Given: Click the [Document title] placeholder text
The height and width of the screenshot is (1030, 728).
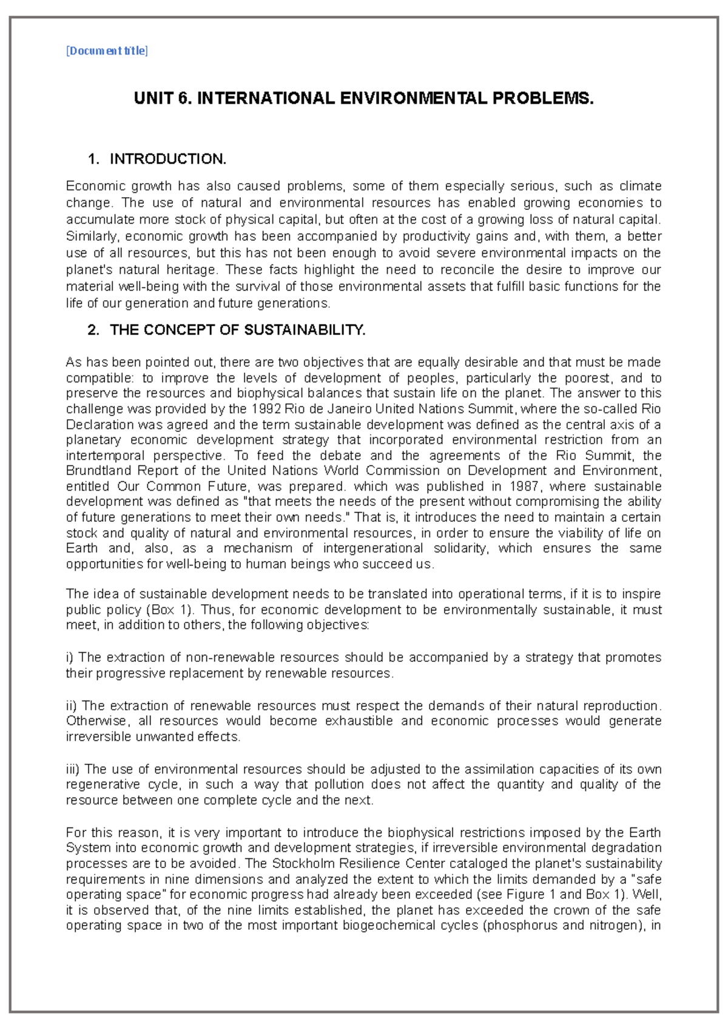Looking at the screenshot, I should pos(107,51).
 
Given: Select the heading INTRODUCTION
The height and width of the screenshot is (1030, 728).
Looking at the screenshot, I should pos(167,159).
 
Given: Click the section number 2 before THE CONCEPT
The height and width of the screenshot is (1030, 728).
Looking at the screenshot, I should pos(92,330).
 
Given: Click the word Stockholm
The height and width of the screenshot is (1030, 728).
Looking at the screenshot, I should pos(303,863).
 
